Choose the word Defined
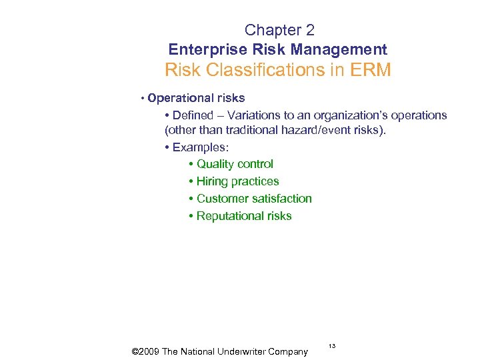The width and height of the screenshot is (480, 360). pos(193,115)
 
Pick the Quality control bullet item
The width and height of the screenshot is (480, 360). pos(235,164)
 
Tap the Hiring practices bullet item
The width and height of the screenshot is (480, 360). pos(237,181)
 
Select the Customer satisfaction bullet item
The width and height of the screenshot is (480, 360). pos(254,199)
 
